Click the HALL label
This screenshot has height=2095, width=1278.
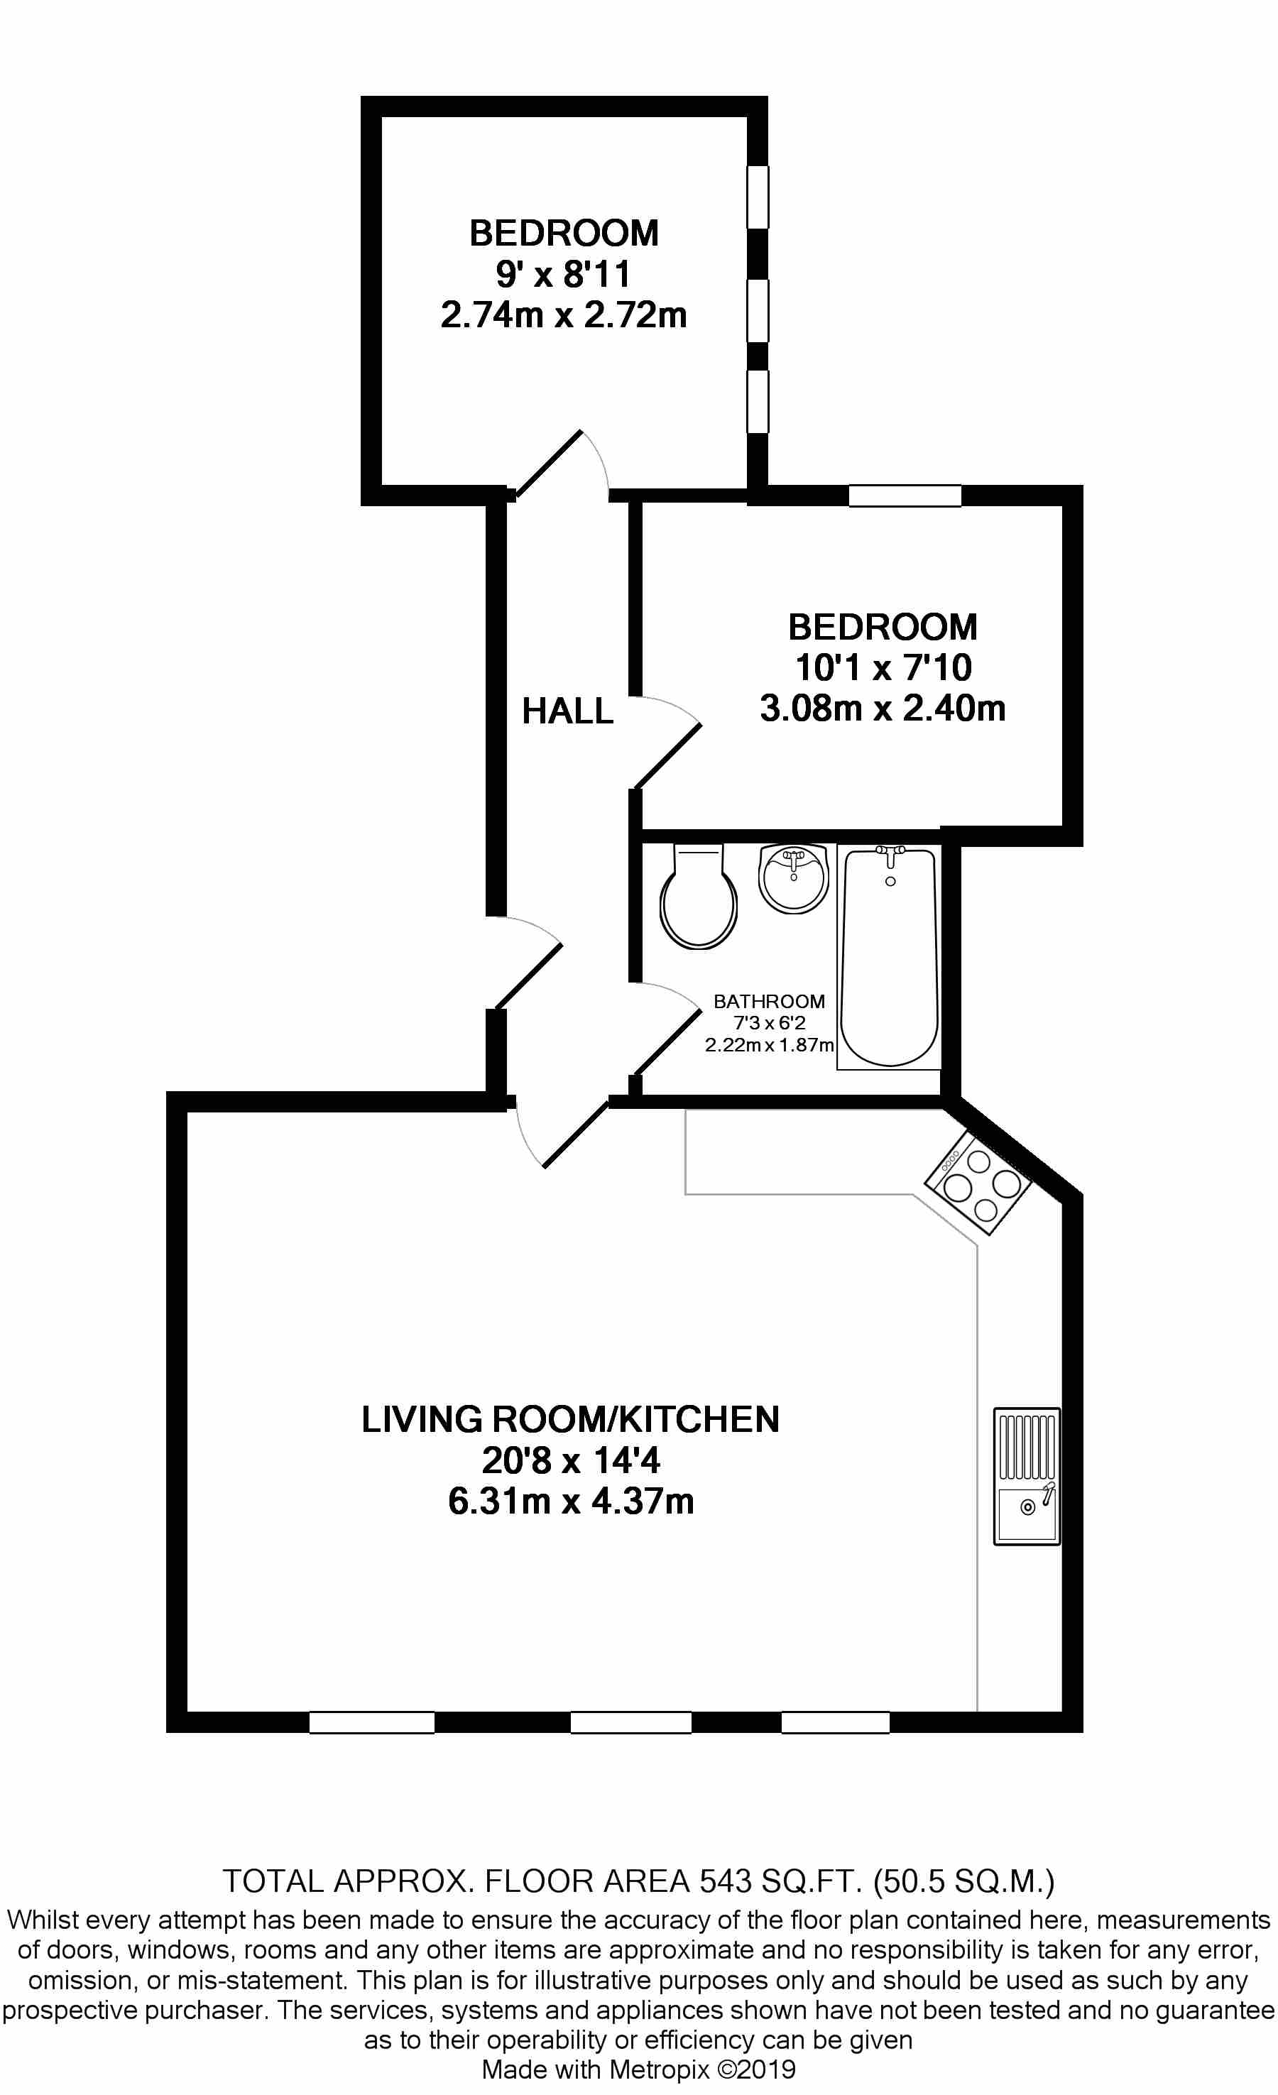click(x=567, y=711)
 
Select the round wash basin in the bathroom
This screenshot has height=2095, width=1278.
click(x=793, y=878)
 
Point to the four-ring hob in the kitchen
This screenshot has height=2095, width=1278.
click(x=978, y=1183)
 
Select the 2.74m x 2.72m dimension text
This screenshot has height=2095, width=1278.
click(x=564, y=314)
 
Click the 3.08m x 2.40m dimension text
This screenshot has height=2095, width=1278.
click(x=883, y=707)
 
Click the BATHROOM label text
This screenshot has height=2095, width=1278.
click(x=769, y=1002)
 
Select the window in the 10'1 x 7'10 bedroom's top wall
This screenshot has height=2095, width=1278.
click(x=905, y=496)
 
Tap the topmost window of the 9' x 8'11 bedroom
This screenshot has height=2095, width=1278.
click(x=758, y=197)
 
